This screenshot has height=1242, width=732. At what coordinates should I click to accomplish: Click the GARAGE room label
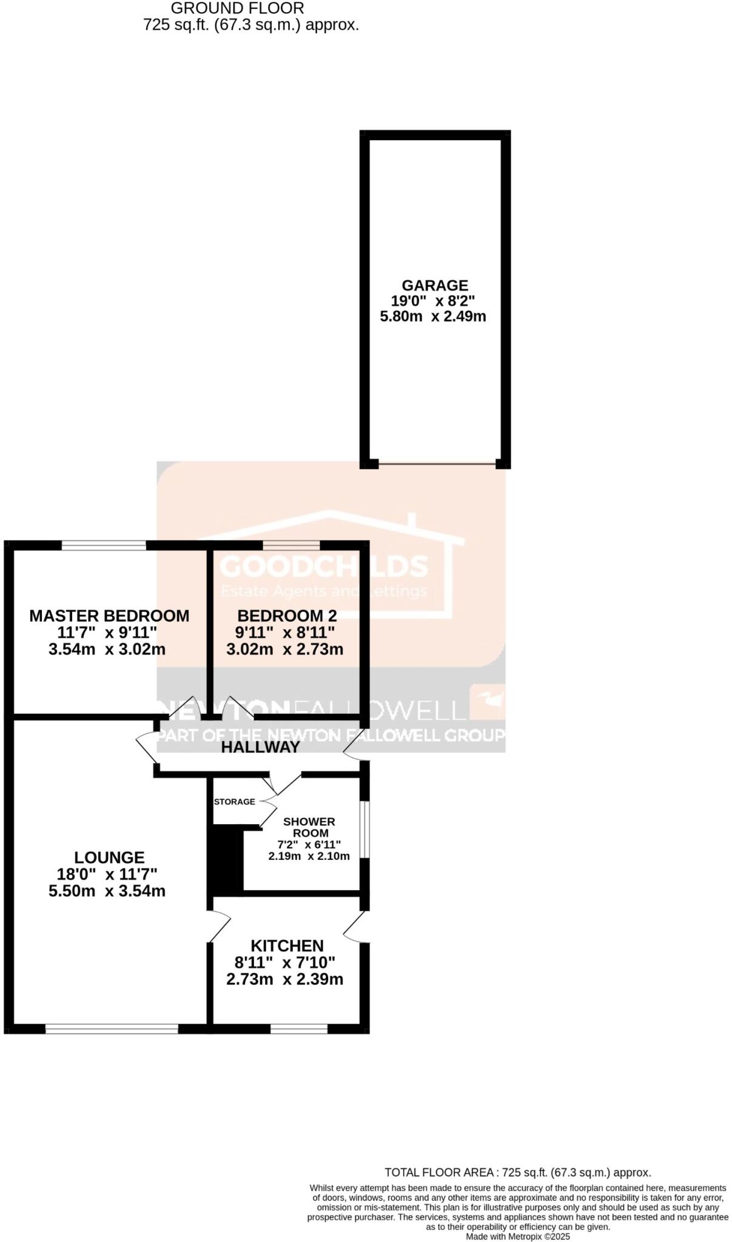coord(435,285)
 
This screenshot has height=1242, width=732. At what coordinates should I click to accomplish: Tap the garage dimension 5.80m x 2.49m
coord(432,316)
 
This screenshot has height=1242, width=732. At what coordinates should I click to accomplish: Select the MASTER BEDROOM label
coord(109,616)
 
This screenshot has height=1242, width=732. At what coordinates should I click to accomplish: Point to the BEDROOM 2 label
coord(287,616)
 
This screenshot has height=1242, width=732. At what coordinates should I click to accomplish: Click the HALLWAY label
coord(260,747)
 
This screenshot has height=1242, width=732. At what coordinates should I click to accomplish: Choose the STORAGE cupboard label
coord(235,802)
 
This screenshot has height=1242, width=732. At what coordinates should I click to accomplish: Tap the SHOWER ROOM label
coord(309,827)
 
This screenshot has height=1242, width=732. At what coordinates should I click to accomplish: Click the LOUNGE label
coord(109,858)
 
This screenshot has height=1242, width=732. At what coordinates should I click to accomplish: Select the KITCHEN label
coord(287,945)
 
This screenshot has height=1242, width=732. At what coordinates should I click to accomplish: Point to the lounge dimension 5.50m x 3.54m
coord(107,891)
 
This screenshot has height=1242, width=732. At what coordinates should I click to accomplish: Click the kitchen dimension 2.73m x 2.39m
coord(284,979)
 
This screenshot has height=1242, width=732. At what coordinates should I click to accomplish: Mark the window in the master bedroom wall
coord(104,545)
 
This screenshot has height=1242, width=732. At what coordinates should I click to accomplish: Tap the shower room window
coord(364,830)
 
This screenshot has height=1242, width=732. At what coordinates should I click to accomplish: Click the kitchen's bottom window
coord(299,1029)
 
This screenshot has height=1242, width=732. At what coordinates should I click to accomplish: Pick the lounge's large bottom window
coord(112,1029)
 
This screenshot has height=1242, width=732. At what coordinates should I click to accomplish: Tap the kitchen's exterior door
coord(357,928)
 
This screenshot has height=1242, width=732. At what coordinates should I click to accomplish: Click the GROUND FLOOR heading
coord(237,8)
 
